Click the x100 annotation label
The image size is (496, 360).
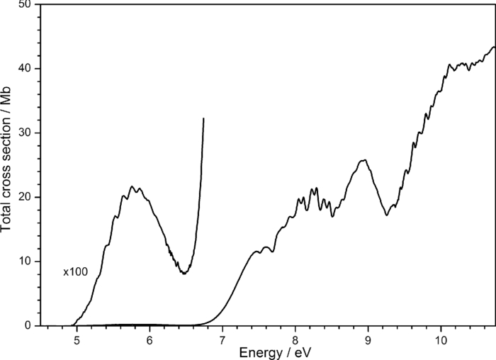click(75, 272)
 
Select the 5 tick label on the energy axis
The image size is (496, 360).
click(77, 337)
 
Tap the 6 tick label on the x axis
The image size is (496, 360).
click(150, 337)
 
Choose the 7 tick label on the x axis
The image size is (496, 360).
click(222, 337)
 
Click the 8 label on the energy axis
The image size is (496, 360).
click(295, 337)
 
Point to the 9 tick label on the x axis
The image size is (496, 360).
click(368, 337)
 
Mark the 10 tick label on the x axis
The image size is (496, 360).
click(441, 337)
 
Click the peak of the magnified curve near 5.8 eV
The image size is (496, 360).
click(132, 186)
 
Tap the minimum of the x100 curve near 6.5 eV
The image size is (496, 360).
click(184, 273)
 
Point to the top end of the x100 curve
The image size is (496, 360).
click(204, 119)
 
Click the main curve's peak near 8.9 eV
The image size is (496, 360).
click(363, 160)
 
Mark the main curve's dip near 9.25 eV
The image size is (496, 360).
click(387, 215)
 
